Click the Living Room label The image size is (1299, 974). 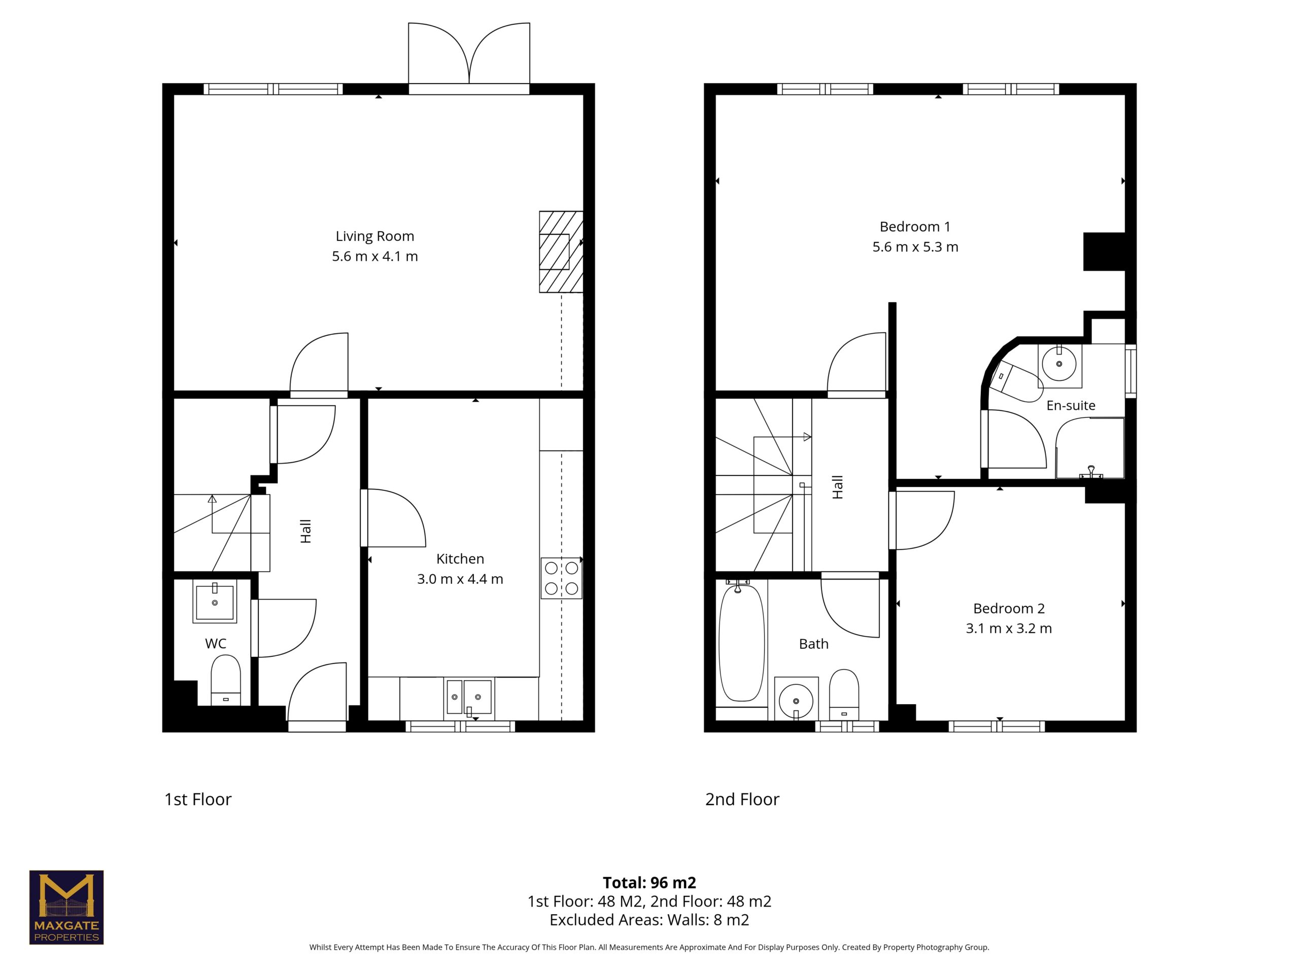point(374,236)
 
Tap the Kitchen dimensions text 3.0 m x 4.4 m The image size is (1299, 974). point(460,579)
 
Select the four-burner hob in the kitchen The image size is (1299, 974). point(561,578)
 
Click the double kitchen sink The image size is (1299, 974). point(469,698)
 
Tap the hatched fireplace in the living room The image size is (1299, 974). point(561,252)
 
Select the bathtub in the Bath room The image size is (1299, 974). point(742,643)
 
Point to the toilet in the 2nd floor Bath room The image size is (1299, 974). point(844,694)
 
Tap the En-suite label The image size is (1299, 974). point(1071,406)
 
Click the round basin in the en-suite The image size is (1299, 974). point(1059,365)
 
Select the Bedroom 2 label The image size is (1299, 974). point(1009,608)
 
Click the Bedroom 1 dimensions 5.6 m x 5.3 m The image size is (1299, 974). point(915,247)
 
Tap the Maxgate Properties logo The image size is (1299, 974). point(66,907)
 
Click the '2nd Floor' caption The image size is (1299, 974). point(742,799)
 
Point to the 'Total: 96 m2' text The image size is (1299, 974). point(649,882)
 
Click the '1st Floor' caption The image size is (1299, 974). point(198,799)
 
